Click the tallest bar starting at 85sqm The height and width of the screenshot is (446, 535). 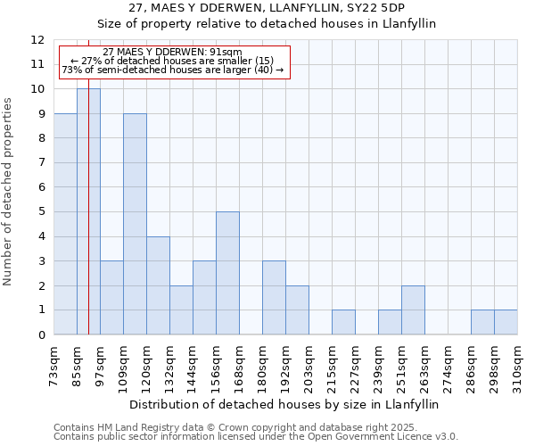coord(88,211)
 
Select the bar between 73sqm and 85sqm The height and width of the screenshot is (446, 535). coord(65,224)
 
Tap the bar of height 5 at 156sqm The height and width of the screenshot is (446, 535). coord(227,273)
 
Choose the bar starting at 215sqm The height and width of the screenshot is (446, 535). coord(343,322)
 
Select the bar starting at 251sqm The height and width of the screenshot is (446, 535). coord(413,310)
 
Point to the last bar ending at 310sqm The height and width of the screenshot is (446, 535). coord(506,322)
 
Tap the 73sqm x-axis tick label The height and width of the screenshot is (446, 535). coord(53,366)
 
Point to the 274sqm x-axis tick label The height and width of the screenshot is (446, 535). coord(448,366)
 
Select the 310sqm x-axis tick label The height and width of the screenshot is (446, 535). coord(517,366)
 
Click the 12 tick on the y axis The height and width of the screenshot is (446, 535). coord(37,40)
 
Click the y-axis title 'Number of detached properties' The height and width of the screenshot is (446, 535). coord(8,187)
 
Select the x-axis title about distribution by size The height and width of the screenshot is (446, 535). coord(284,404)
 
